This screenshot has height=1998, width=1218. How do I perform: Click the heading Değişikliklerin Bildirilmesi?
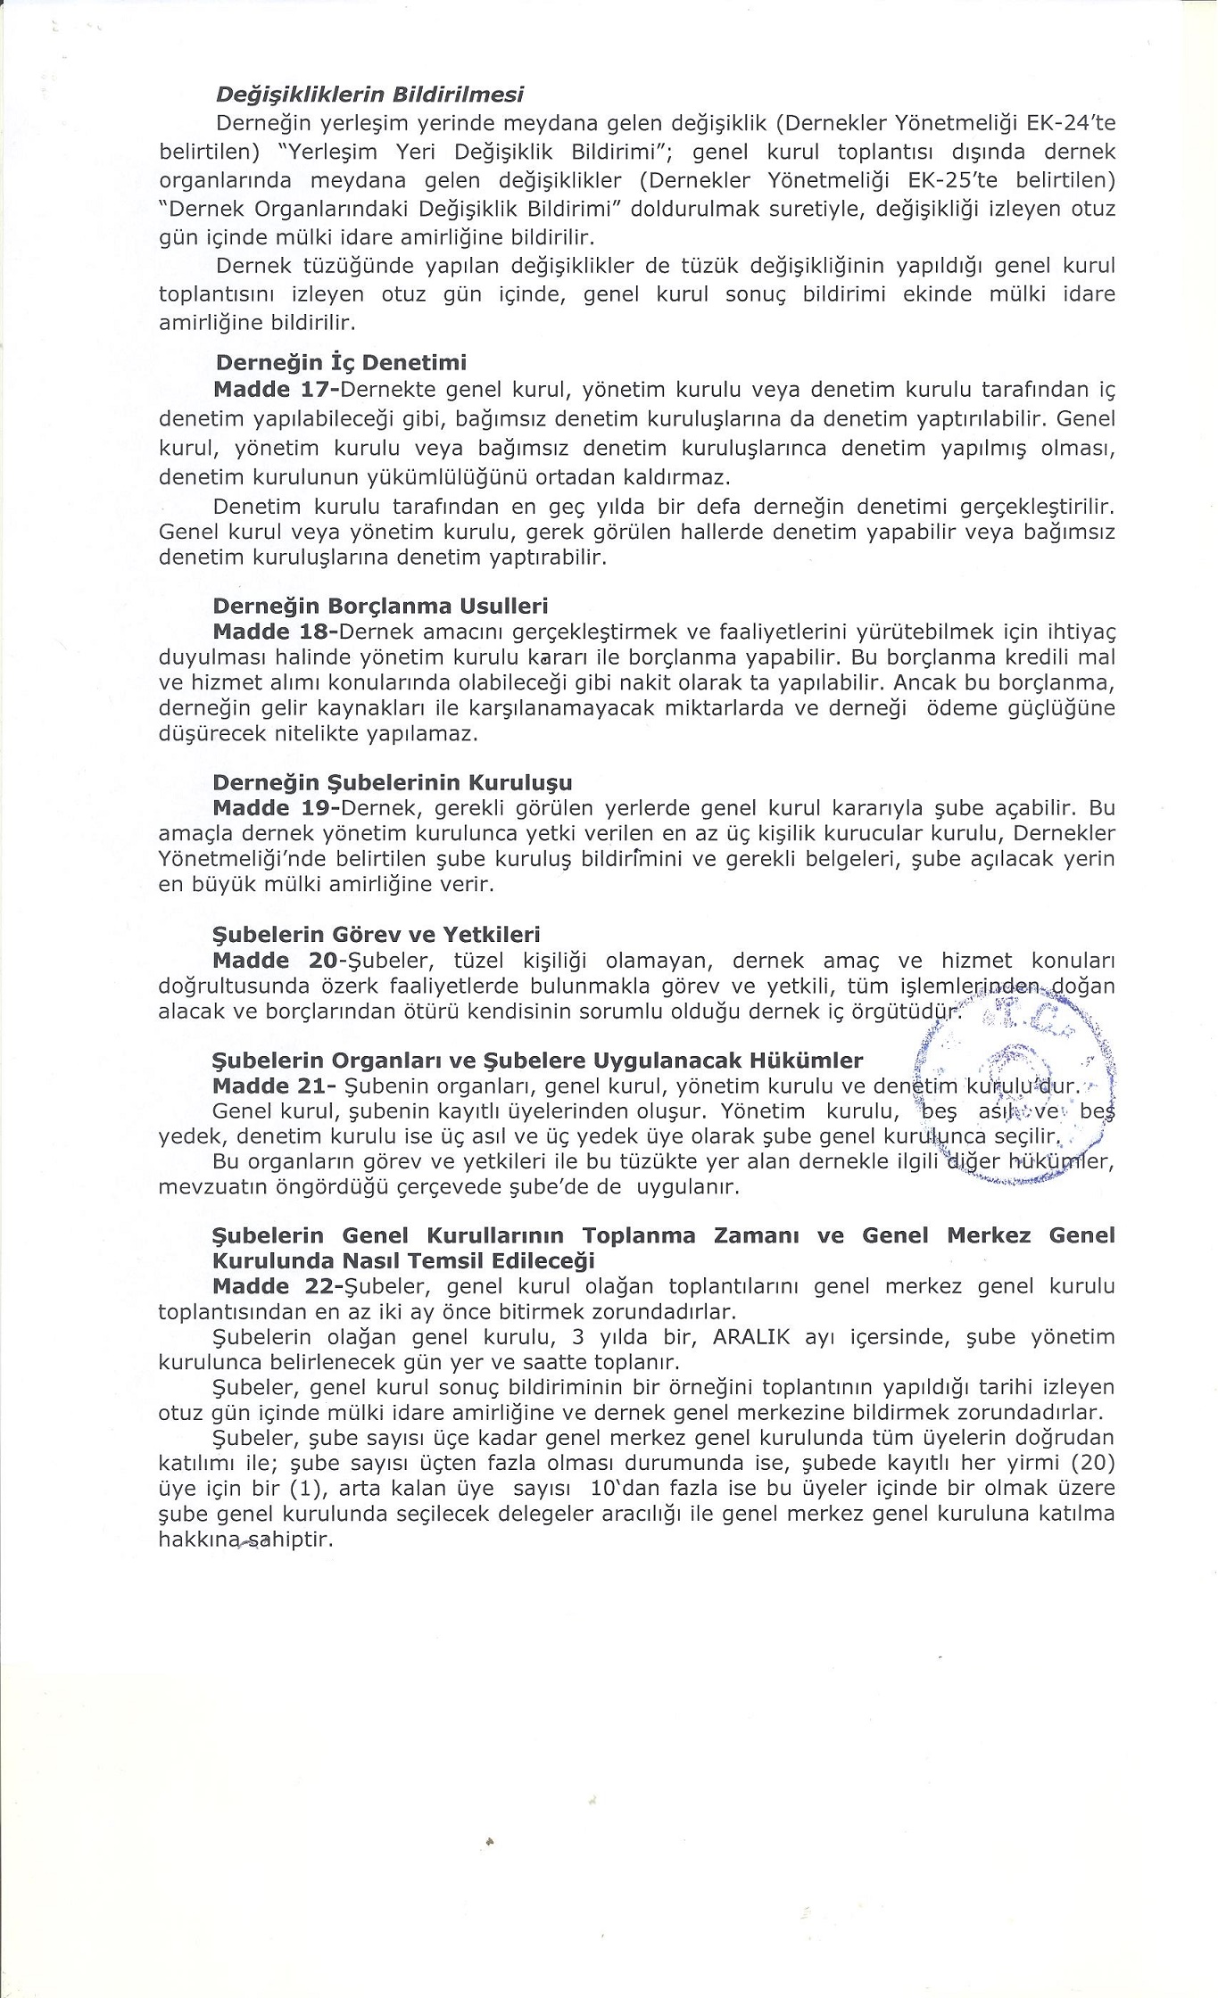click(x=369, y=94)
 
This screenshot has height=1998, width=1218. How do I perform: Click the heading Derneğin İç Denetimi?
click(x=341, y=363)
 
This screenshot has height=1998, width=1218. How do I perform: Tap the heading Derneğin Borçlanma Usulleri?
click(x=380, y=607)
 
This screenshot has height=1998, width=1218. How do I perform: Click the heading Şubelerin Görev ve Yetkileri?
click(x=377, y=935)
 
